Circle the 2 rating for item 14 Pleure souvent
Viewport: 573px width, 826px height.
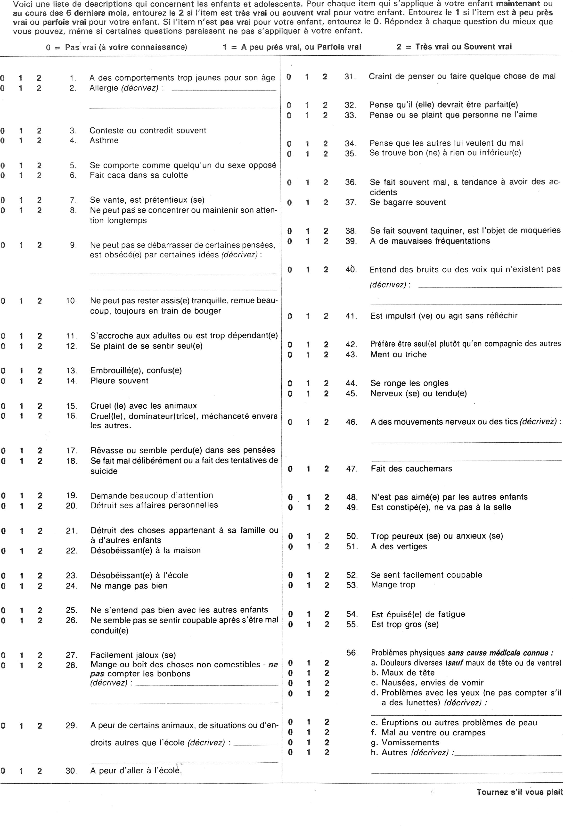coord(40,381)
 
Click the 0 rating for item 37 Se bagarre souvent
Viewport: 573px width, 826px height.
coord(289,203)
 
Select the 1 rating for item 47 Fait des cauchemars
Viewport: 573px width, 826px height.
coord(308,469)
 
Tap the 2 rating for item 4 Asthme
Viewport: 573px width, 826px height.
coord(39,140)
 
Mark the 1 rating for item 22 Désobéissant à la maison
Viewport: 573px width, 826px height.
coord(22,551)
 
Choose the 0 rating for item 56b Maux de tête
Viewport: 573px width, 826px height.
coord(290,673)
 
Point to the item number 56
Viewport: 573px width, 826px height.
coord(352,653)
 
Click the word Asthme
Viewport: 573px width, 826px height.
coord(104,140)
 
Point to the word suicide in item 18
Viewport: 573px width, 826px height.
coord(104,471)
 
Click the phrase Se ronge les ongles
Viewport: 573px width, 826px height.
coord(409,383)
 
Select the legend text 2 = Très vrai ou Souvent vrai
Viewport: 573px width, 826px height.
coord(454,47)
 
